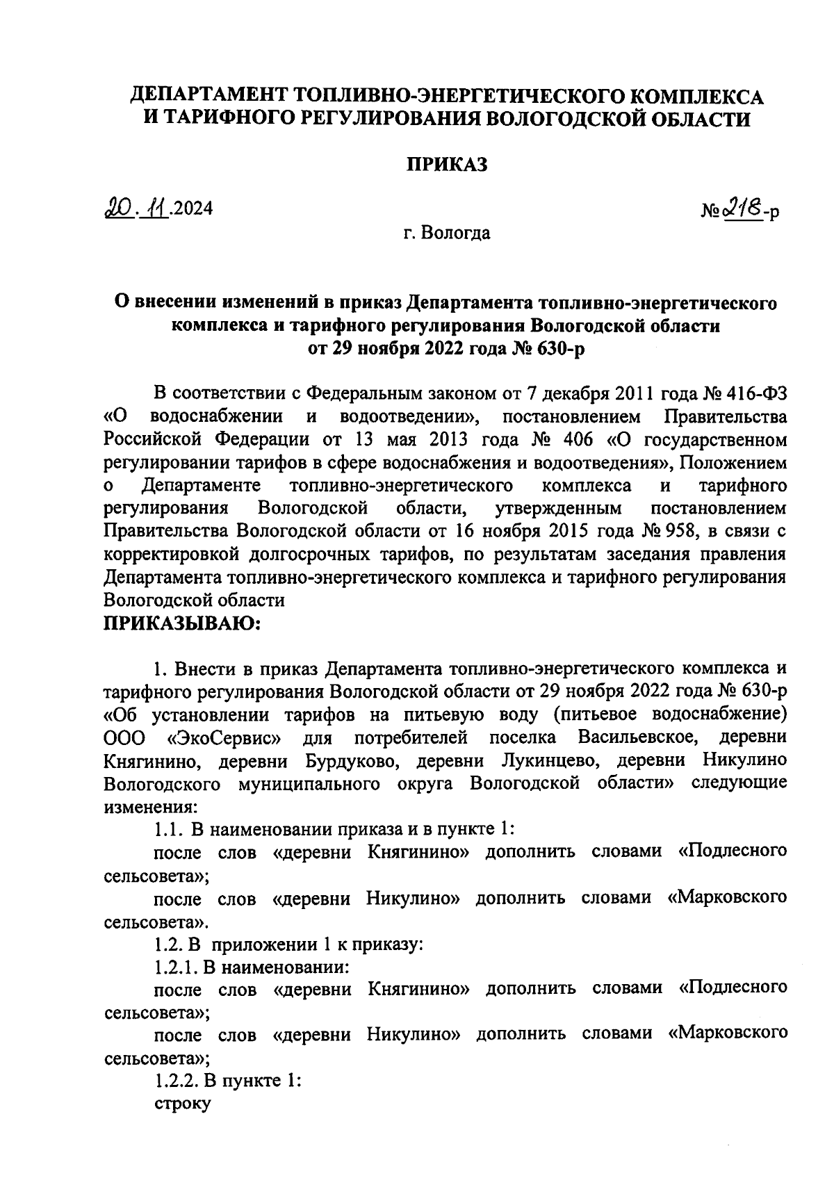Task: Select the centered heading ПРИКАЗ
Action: [447, 165]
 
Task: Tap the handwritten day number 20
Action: [113, 208]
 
